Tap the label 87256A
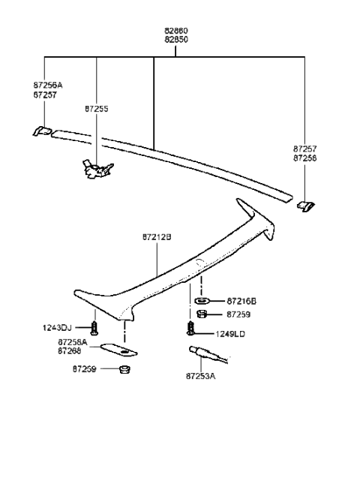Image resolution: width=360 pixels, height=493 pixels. [x=49, y=86]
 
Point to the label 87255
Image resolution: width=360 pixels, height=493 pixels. [x=97, y=109]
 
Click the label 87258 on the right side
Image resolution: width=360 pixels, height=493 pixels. [x=305, y=159]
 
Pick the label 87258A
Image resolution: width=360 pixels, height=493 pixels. [x=73, y=341]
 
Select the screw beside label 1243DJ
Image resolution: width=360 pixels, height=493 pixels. [x=94, y=328]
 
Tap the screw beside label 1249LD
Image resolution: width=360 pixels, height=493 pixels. [x=190, y=328]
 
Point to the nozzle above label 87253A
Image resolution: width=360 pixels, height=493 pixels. [x=199, y=350]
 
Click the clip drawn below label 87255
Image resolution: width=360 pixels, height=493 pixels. [x=97, y=170]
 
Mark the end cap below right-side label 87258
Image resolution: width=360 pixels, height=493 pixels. [x=306, y=205]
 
